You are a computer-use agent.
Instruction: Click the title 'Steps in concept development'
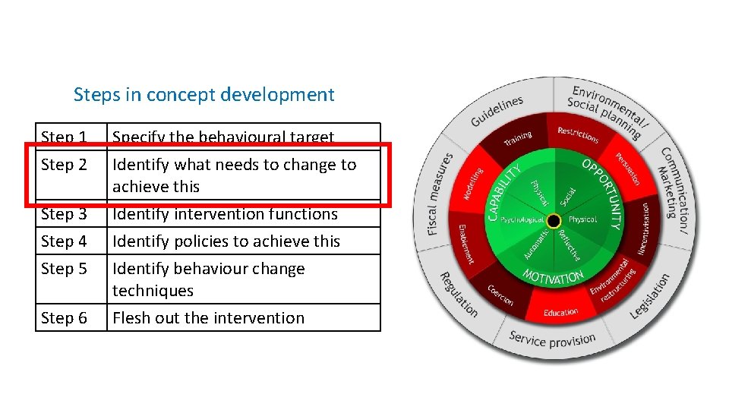204,95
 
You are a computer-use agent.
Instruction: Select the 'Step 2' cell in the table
64,165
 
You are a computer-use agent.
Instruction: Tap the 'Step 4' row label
64,241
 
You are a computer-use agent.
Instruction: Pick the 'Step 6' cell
64,318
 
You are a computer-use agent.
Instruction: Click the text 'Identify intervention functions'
225,214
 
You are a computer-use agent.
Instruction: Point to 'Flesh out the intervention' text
208,318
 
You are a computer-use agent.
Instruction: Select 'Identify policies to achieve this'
226,241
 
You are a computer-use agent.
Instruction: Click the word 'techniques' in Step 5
153,291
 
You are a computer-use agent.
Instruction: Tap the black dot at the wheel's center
554,221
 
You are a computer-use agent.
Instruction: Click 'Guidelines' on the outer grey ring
497,111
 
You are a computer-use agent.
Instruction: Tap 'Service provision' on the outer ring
552,339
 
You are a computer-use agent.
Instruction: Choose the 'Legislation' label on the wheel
651,296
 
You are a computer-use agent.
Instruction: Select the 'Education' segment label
561,312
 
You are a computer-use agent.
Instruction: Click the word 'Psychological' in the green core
522,220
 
